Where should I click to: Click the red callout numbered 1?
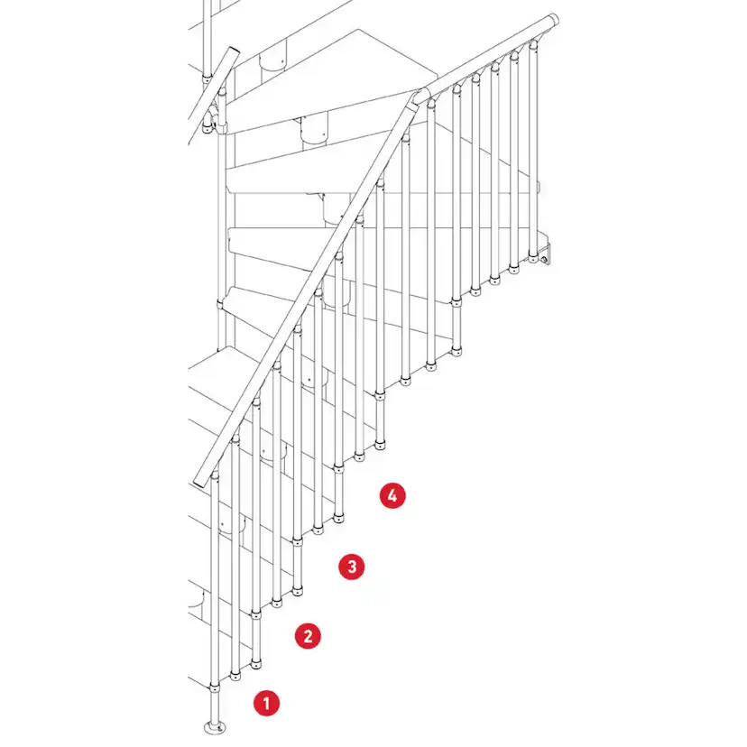pos(266,703)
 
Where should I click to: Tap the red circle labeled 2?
pos(308,636)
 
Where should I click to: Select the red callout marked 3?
pos(352,567)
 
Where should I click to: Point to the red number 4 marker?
pos(392,495)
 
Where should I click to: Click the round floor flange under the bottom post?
pos(215,727)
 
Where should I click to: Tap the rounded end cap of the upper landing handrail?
pos(553,22)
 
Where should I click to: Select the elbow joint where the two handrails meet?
pos(420,97)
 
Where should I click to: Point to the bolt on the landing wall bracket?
pos(543,259)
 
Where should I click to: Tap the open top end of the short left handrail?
pos(234,51)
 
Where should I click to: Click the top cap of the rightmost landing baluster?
pos(533,45)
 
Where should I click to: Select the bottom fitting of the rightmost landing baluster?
pos(533,258)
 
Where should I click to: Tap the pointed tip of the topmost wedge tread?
pos(437,75)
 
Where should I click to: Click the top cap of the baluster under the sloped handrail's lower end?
pos(215,474)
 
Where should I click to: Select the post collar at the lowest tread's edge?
pos(215,687)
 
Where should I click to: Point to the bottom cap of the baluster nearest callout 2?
pos(256,663)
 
